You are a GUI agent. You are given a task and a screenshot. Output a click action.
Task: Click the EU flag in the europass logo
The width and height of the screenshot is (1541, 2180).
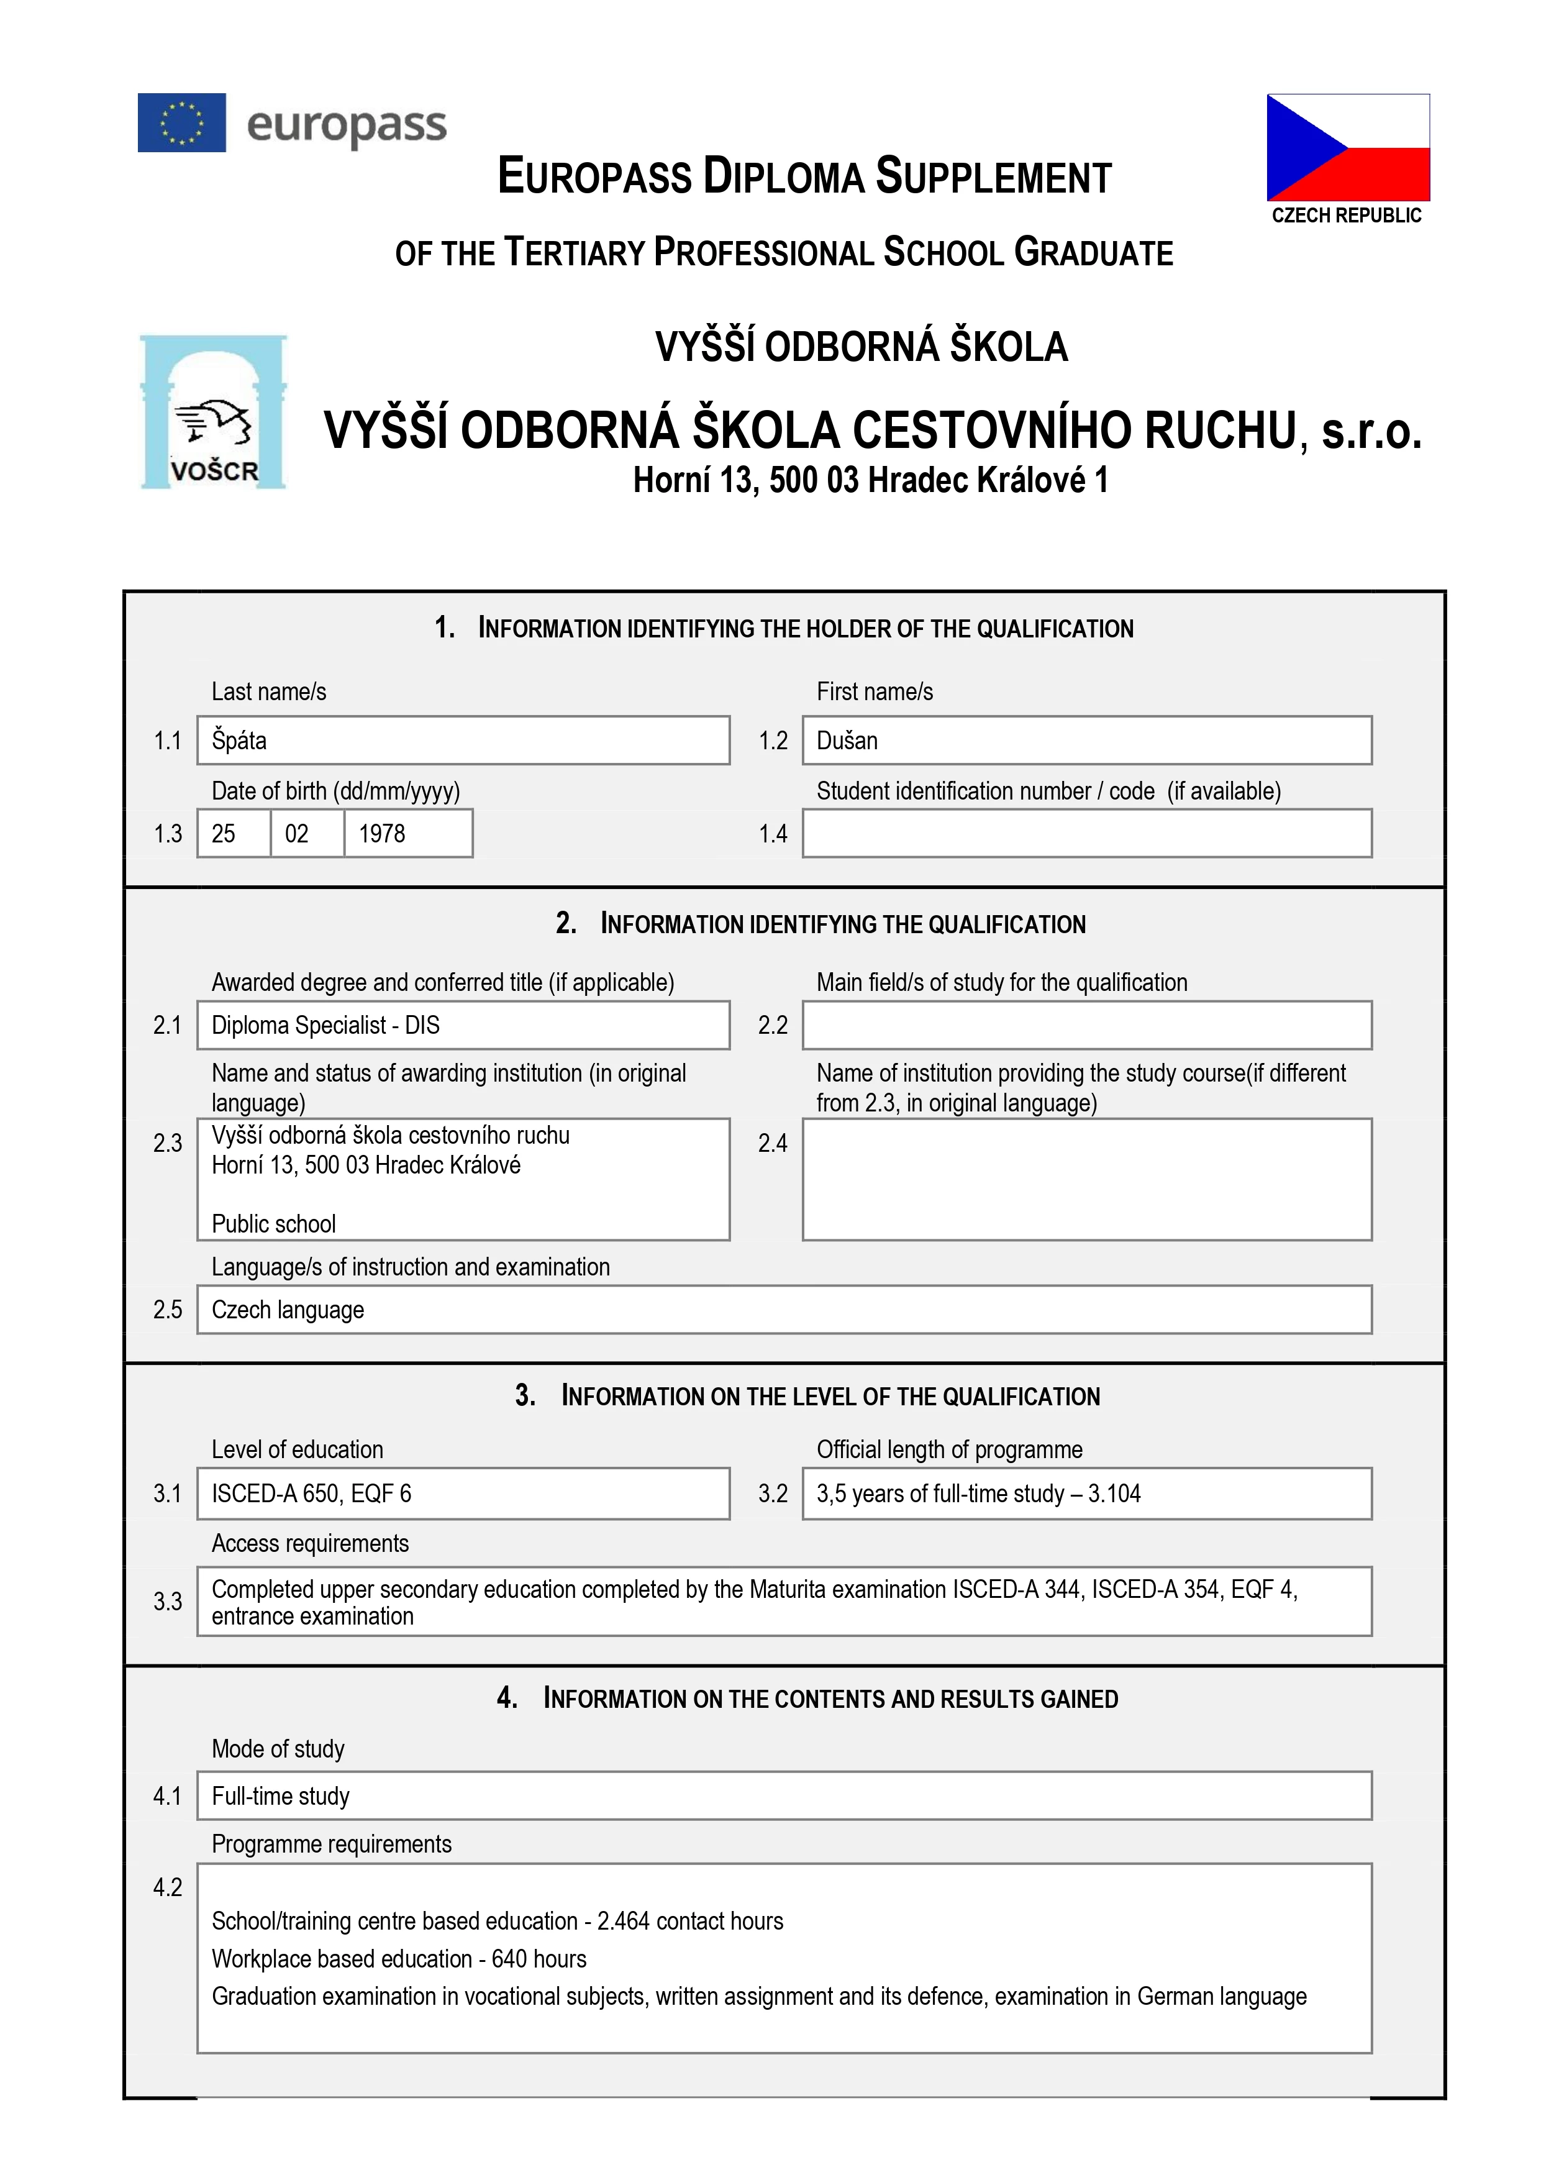point(181,122)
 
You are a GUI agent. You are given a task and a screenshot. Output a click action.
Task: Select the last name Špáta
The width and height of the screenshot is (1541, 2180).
point(239,741)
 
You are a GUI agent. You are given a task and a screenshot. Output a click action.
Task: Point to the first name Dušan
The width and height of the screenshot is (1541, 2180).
point(847,741)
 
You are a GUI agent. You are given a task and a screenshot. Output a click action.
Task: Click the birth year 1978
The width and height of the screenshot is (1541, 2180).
point(382,834)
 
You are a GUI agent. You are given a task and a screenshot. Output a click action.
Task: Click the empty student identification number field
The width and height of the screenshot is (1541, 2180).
point(1086,834)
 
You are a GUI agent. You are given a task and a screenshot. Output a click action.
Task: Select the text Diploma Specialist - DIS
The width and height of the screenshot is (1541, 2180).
point(325,1026)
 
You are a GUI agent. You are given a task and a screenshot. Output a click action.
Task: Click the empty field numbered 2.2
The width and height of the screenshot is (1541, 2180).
point(1086,1026)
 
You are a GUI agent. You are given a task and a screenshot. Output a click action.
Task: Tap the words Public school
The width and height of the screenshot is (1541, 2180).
point(273,1224)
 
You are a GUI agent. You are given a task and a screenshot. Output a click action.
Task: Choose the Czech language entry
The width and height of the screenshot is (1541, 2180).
point(288,1310)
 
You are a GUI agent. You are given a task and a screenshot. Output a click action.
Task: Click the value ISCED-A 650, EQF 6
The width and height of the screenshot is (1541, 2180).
point(311,1494)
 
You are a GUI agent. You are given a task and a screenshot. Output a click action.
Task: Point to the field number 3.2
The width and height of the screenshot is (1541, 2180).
point(773,1494)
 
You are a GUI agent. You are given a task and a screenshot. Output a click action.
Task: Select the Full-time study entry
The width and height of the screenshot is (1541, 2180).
point(281,1797)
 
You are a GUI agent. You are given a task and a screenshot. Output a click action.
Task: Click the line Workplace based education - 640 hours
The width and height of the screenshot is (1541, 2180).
point(399,1959)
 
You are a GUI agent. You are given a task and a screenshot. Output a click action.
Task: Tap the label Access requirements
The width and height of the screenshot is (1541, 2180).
point(311,1544)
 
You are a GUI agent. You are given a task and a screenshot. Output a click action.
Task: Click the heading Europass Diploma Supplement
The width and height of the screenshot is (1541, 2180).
point(804,176)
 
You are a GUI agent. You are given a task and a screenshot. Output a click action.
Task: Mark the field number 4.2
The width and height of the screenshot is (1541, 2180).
point(168,1887)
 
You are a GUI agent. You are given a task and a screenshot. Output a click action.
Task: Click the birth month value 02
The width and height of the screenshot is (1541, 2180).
point(297,834)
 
